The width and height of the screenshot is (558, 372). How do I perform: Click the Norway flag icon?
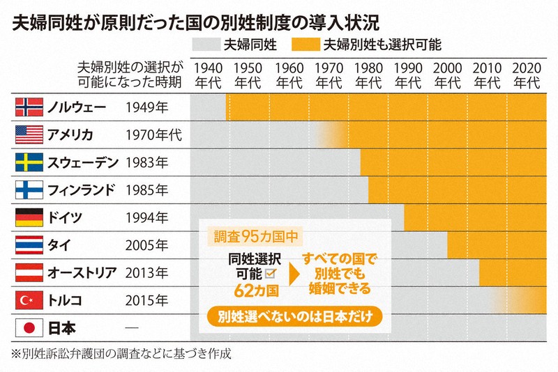tap(29, 107)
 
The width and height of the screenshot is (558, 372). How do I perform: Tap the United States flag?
tap(29, 134)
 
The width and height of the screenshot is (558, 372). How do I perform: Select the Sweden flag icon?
tap(29, 162)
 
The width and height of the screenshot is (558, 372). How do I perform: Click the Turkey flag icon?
tap(29, 300)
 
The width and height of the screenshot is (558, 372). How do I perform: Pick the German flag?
tap(29, 217)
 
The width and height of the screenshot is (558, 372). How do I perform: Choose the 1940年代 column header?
tap(209, 75)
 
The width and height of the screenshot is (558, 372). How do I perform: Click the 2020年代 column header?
tap(527, 75)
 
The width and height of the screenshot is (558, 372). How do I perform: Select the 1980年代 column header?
tap(368, 75)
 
